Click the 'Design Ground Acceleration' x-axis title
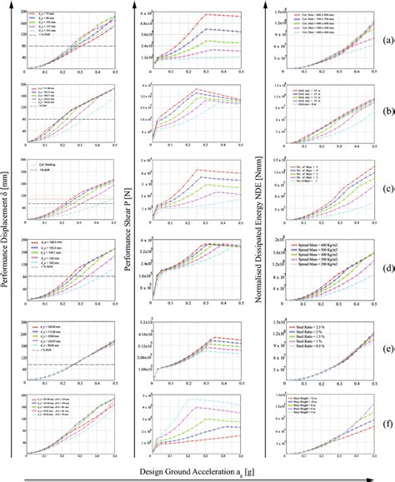click(x=198, y=470)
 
